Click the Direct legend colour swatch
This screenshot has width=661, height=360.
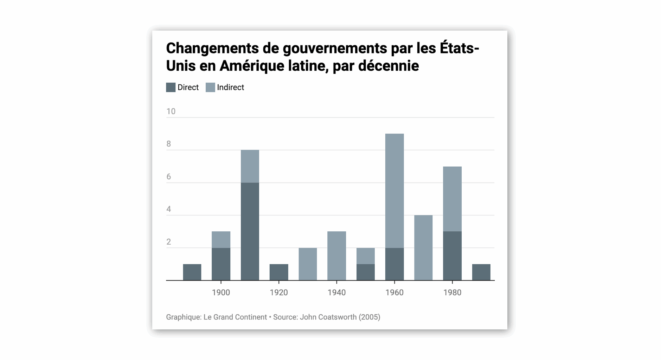pos(171,88)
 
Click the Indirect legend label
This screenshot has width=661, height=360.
pos(230,88)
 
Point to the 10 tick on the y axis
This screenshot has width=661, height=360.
pos(171,111)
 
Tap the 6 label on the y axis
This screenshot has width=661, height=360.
pos(169,177)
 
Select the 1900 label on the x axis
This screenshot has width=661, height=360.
pos(221,292)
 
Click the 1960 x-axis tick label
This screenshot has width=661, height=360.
pos(394,292)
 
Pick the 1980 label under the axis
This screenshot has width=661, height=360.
pos(452,292)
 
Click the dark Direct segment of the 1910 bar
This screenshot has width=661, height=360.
pos(250,231)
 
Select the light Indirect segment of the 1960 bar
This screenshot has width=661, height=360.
pos(394,191)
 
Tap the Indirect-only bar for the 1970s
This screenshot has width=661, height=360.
pos(423,247)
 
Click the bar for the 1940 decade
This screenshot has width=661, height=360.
pos(336,256)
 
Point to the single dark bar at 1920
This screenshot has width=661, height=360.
pos(279,272)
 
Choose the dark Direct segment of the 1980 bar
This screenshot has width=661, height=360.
pos(452,256)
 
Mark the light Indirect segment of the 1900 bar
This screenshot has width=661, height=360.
pos(221,239)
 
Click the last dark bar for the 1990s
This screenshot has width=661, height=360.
pos(481,272)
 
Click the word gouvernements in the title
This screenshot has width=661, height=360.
pos(335,48)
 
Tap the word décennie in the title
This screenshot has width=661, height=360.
pos(389,66)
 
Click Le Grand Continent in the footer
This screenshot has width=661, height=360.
pos(235,317)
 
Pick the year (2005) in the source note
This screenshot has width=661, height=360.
pos(370,317)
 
